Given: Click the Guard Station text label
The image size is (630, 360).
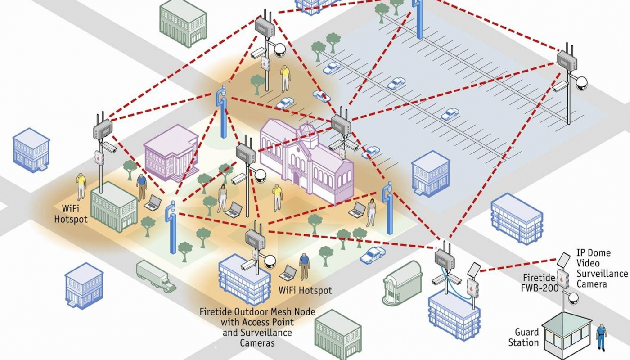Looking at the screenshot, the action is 523,337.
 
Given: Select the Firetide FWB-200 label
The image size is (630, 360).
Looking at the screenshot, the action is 539,283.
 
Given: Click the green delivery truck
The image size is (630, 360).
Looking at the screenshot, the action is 156,276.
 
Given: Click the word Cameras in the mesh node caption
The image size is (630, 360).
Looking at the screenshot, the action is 257,343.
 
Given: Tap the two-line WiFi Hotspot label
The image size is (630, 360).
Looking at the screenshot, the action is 71,214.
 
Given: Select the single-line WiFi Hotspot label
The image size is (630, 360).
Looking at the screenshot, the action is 305,290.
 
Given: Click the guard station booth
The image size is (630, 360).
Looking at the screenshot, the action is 567,336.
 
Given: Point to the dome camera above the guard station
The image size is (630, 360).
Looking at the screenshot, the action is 573,298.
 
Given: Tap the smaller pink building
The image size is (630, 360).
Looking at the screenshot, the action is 171,153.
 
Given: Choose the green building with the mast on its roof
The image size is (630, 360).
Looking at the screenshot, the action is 113,207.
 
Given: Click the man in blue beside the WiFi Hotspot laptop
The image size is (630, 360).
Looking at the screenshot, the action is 304,266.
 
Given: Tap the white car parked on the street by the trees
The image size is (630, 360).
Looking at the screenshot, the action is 373,255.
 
